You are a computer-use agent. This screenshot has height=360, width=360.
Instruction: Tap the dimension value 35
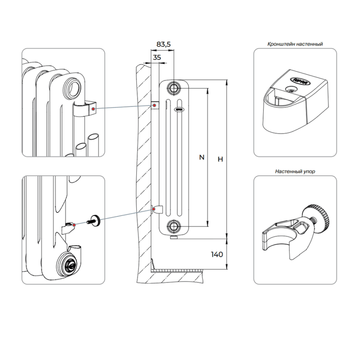click(x=157, y=57)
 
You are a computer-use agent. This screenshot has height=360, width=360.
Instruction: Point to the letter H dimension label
click(x=221, y=159)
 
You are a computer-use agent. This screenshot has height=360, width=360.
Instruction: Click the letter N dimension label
click(x=202, y=157)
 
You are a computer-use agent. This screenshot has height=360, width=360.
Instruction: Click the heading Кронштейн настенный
click(x=295, y=44)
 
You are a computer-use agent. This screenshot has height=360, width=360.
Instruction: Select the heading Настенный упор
click(x=295, y=172)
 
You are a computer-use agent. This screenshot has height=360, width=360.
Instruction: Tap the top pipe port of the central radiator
click(x=174, y=88)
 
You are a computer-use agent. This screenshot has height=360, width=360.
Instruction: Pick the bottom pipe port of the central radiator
click(x=174, y=226)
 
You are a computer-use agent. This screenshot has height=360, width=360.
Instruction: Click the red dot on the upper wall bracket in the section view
click(x=155, y=105)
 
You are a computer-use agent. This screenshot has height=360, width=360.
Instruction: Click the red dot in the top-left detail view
click(x=93, y=108)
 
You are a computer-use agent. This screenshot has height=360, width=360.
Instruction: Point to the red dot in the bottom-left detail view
click(x=74, y=225)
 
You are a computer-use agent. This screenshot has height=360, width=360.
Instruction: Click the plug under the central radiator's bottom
click(x=174, y=237)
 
